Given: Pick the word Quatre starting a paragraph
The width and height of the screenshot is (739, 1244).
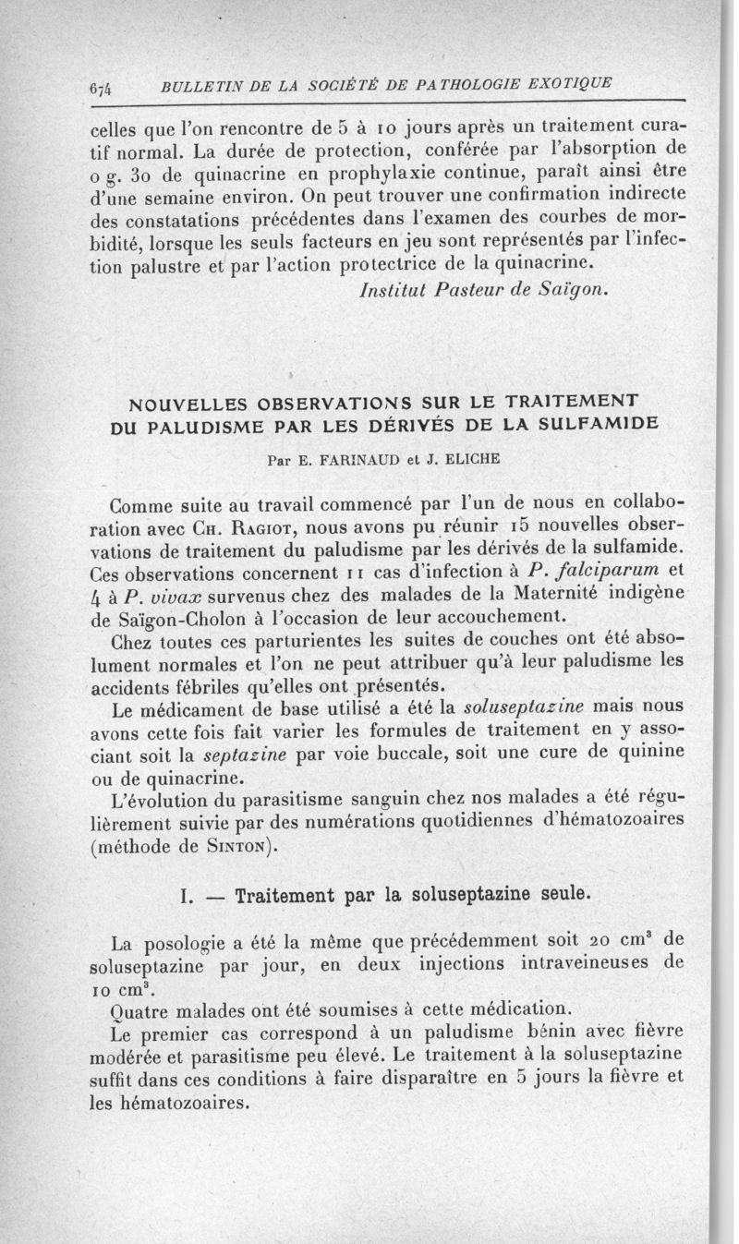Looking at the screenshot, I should point(140,1007).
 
